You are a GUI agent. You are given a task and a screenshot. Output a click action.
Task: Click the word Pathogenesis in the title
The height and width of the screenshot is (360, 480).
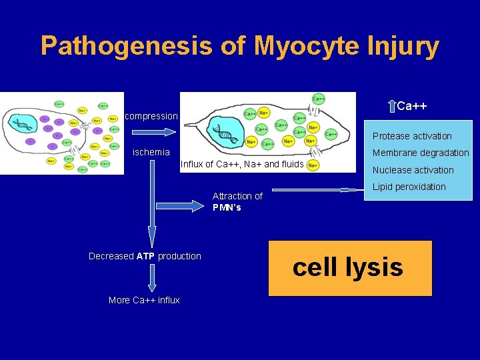(126, 46)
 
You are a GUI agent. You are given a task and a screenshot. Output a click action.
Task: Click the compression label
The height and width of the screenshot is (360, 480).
(151, 116)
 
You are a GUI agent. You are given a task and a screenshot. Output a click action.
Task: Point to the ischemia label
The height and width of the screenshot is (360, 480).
(151, 152)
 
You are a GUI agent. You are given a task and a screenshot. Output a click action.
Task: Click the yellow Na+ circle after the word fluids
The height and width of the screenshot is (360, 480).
(313, 165)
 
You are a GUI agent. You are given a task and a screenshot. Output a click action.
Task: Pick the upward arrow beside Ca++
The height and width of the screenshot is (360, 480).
(391, 106)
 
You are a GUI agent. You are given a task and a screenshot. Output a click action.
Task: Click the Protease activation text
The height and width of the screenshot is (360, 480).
(412, 136)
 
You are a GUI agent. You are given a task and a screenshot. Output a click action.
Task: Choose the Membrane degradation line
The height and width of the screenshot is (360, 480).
(421, 153)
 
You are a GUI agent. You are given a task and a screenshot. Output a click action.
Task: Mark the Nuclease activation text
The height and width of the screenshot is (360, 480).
(413, 170)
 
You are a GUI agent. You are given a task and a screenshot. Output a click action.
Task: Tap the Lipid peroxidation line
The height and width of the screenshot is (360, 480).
(409, 187)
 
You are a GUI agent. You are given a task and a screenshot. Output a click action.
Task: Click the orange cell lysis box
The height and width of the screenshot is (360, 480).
(350, 268)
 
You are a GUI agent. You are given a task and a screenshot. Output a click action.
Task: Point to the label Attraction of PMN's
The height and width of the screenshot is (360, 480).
(237, 201)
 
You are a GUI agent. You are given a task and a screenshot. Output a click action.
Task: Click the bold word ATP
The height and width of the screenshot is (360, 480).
(145, 256)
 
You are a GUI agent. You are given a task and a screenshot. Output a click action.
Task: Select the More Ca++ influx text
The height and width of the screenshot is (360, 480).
(144, 300)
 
